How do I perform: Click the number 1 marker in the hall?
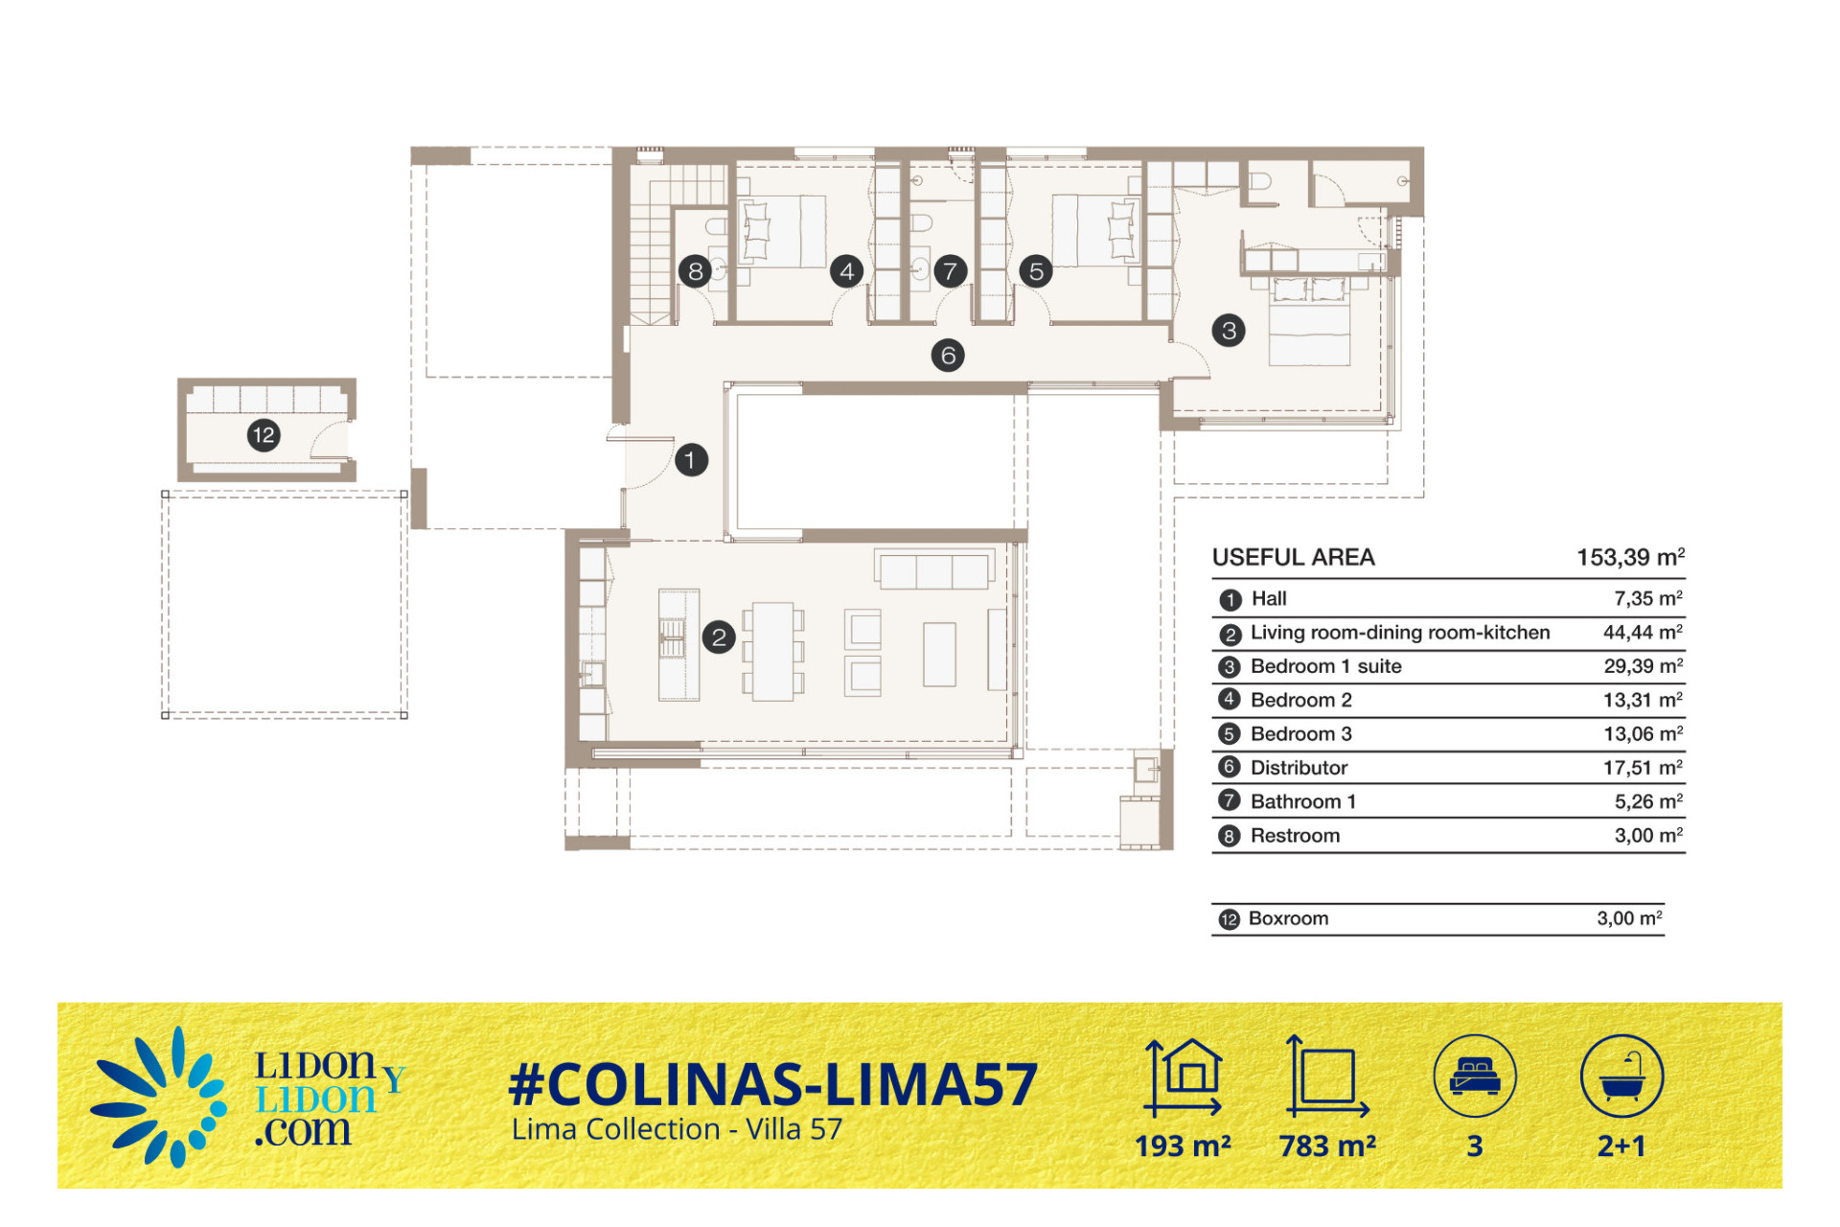691,460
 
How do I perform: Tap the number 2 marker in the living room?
719,637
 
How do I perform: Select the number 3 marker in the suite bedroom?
1229,331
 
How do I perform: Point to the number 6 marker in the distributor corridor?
948,356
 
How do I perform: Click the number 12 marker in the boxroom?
264,435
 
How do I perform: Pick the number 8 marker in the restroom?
695,271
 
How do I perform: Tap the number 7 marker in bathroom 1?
950,271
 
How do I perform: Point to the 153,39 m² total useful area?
1630,557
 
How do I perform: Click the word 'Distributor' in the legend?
1299,768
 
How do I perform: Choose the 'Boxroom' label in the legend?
1288,918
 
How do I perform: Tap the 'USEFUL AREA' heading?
1293,557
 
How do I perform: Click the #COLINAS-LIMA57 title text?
772,1084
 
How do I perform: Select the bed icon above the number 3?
1475,1076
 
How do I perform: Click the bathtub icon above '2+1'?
1621,1076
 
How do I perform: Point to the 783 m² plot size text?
1327,1146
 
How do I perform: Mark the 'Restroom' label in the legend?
1295,836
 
